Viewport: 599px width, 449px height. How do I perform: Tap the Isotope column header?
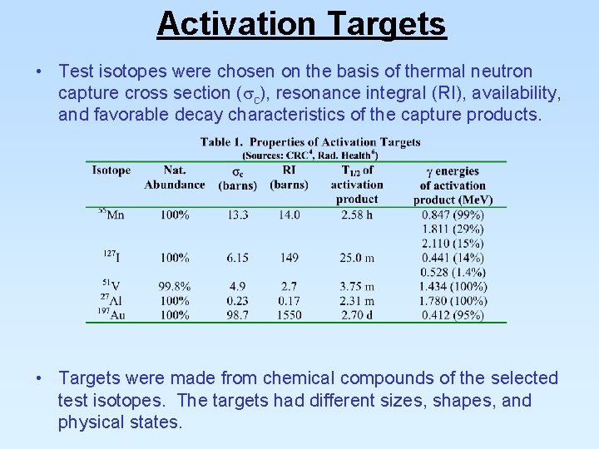[111, 170]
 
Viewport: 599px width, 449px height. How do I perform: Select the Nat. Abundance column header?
[174, 177]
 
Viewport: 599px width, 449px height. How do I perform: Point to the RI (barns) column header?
[289, 177]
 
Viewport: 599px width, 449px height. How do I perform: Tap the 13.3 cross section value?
[237, 215]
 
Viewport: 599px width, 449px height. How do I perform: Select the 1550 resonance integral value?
[289, 315]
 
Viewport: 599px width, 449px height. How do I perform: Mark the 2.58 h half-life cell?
[356, 215]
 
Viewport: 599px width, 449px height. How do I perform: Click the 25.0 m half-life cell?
[356, 258]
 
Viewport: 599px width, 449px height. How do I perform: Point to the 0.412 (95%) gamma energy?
[453, 315]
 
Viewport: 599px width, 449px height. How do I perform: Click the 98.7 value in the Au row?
[237, 315]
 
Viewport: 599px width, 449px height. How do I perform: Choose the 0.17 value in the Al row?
[289, 301]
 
